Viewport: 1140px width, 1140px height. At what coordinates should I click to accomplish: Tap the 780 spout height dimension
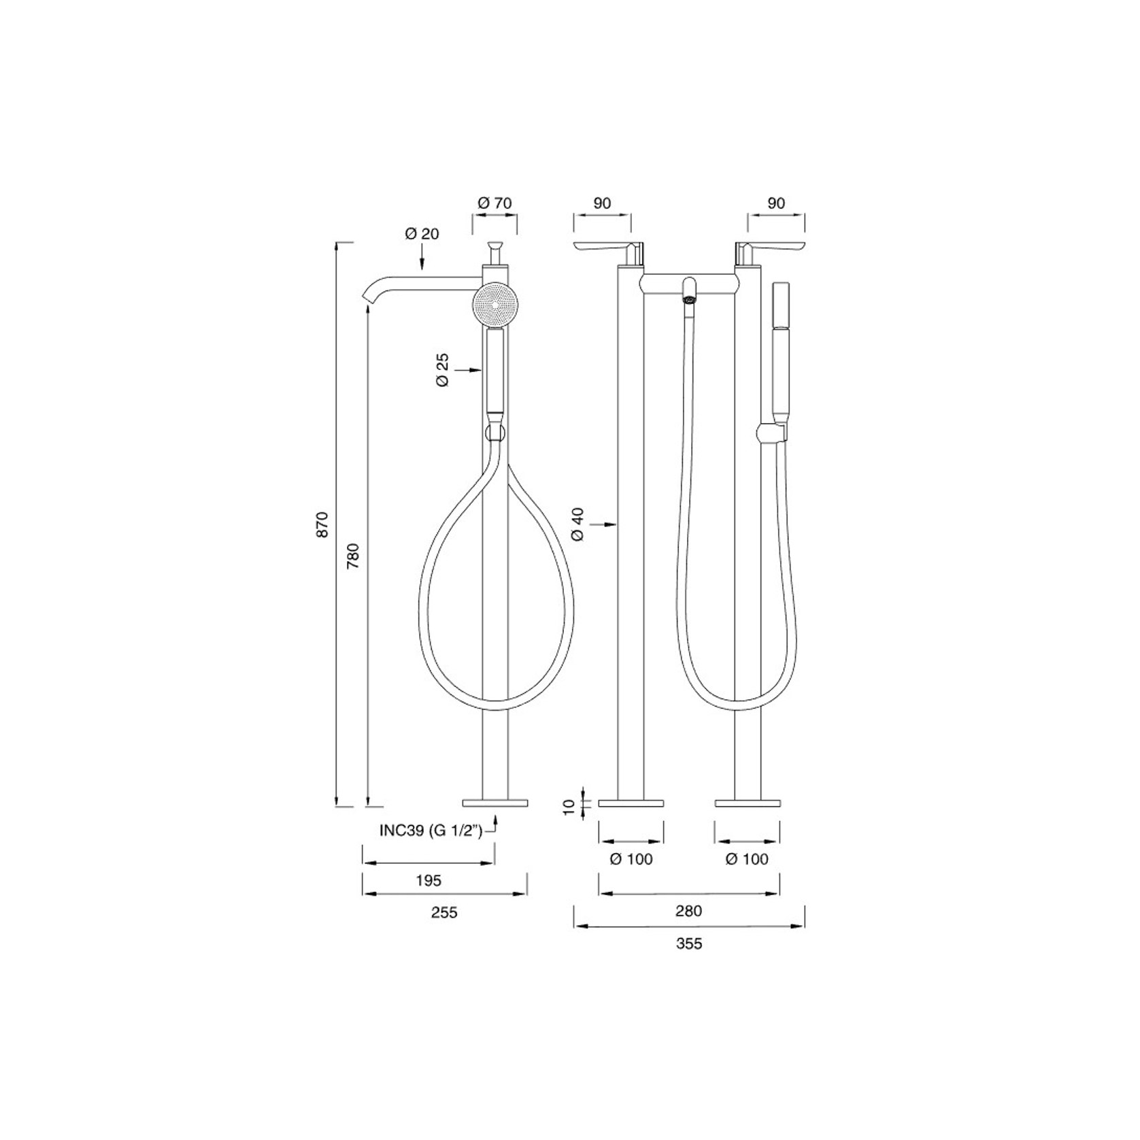(x=353, y=556)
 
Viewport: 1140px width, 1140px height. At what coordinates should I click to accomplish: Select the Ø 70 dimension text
(x=494, y=203)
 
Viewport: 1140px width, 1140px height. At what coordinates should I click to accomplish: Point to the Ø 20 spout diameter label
(x=422, y=233)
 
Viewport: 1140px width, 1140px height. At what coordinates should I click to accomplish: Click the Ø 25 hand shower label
(x=443, y=370)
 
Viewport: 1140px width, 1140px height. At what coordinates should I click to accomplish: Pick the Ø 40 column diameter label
(x=578, y=524)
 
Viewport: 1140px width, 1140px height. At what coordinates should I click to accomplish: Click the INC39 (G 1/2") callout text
(x=431, y=831)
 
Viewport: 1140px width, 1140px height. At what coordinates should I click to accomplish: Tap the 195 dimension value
(x=429, y=880)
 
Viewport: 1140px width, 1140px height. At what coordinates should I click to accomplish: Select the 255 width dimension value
(x=444, y=913)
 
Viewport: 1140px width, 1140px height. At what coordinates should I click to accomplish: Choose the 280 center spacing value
(x=688, y=911)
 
